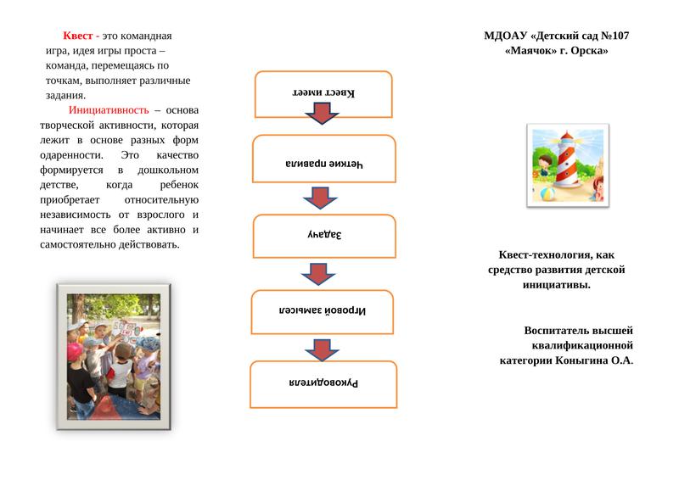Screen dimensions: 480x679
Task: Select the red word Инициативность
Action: coord(109,110)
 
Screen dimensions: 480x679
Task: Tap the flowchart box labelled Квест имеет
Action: coord(323,92)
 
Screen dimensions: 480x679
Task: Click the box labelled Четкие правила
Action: coord(323,159)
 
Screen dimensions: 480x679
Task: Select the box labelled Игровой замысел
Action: coord(323,310)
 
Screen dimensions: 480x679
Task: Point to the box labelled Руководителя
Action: coord(323,383)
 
